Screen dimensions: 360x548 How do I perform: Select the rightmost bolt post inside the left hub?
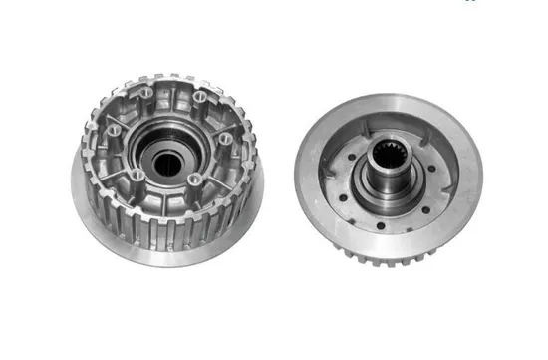click(x=225, y=138)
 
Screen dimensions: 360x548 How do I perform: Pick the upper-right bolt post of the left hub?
click(x=200, y=97)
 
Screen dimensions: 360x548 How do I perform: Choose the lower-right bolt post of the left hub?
click(x=194, y=180)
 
